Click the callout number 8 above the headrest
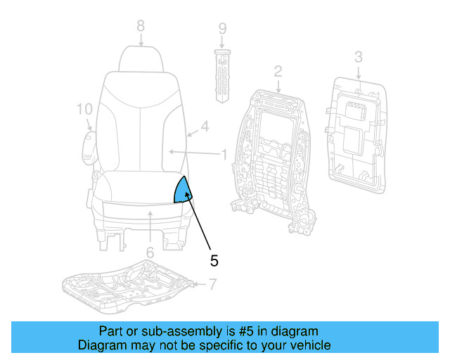141,25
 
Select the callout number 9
222,29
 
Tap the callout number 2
278,70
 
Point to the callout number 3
358,56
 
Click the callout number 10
84,109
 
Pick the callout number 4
205,127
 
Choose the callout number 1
224,153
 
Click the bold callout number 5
214,261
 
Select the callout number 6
150,252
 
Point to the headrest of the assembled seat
141,59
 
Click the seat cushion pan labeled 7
127,285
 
